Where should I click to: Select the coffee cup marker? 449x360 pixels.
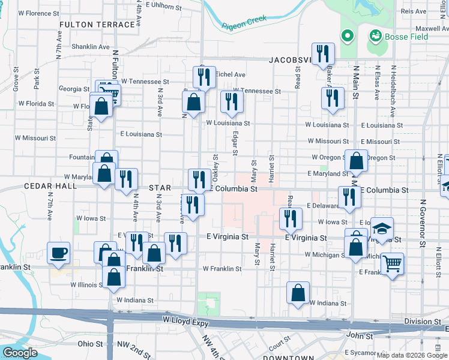tap(58, 253)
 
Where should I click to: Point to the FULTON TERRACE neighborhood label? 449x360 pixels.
tap(97, 25)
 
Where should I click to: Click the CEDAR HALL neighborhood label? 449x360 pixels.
tap(50, 187)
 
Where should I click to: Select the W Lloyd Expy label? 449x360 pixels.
tap(185, 323)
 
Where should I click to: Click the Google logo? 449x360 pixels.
tap(20, 353)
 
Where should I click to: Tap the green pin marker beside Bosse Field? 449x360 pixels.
tap(347, 37)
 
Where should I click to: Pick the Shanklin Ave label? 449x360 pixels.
tap(90, 46)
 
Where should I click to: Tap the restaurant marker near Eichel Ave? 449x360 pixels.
tap(204, 77)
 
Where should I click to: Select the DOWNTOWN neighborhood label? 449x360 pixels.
tap(288, 358)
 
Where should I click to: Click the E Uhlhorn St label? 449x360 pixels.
tap(163, 7)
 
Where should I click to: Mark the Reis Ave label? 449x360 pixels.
tap(413, 11)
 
